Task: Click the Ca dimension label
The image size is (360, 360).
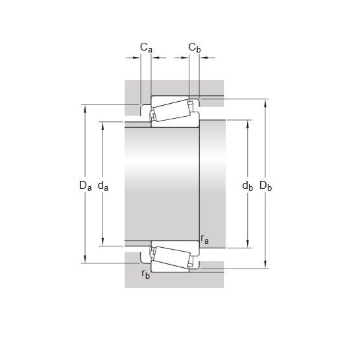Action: click(146, 47)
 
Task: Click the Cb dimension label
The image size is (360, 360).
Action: click(195, 47)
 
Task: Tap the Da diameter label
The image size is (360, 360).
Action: click(86, 186)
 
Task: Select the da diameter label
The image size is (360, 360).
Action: click(103, 186)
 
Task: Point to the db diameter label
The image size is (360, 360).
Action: click(248, 186)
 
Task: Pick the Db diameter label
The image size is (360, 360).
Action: click(266, 186)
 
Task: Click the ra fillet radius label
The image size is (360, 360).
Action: click(205, 239)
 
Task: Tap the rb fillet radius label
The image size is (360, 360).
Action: click(146, 274)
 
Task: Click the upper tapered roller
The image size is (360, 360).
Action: click(172, 110)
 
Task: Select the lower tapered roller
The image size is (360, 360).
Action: click(172, 258)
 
